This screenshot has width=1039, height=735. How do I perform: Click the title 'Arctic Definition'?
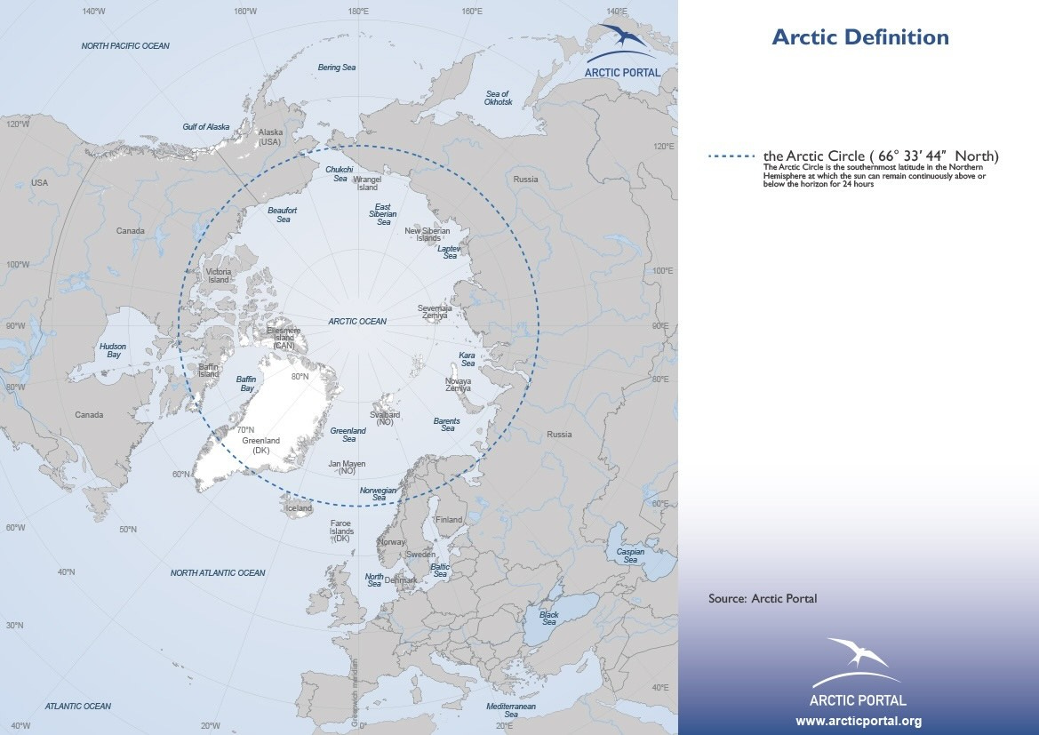coord(859,37)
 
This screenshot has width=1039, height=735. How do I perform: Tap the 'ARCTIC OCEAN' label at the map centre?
coord(357,321)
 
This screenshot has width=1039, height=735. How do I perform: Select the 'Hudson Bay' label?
coord(112,350)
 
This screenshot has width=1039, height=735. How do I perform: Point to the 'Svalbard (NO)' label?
coord(385,419)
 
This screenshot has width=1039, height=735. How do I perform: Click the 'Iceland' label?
coord(298,508)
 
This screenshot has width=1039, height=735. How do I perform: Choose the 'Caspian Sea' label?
coord(630,555)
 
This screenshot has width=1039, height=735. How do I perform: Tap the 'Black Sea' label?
coord(549,619)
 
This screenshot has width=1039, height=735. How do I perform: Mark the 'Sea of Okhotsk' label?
coord(498,98)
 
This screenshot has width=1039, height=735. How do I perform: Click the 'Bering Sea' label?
coord(336,68)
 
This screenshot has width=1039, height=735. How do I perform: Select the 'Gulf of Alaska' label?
coord(206,127)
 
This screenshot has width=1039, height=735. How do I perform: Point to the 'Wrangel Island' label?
coord(367,183)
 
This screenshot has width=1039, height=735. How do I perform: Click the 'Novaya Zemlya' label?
coord(458,385)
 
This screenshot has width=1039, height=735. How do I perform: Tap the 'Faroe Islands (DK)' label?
coord(342,531)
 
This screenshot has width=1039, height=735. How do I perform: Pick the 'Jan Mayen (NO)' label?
coord(347,467)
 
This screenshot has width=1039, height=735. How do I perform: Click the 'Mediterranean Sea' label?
coord(511,709)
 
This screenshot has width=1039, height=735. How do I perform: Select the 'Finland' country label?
coord(449,520)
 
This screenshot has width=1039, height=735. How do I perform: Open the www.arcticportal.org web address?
coord(858,721)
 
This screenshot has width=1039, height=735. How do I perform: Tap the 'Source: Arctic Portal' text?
coord(762,598)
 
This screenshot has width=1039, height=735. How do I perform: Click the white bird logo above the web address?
coord(858,656)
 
